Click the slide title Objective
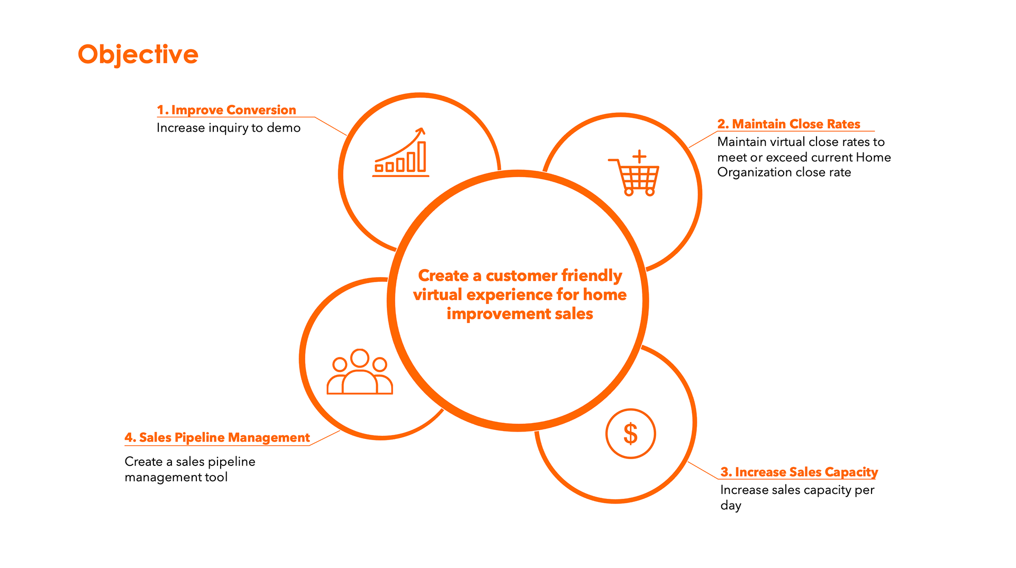coord(138,54)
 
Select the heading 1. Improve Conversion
coord(226,110)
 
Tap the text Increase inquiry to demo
coord(228,128)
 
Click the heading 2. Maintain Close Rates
coord(788,124)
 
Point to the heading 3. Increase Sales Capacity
coord(799,472)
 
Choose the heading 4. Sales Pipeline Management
coord(217,437)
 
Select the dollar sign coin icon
coord(630,434)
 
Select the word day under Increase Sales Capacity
coord(731,506)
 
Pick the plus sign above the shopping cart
coord(639,156)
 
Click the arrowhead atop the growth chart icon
coord(421,131)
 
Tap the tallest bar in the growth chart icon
coord(422,157)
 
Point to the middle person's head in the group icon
coord(360,358)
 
